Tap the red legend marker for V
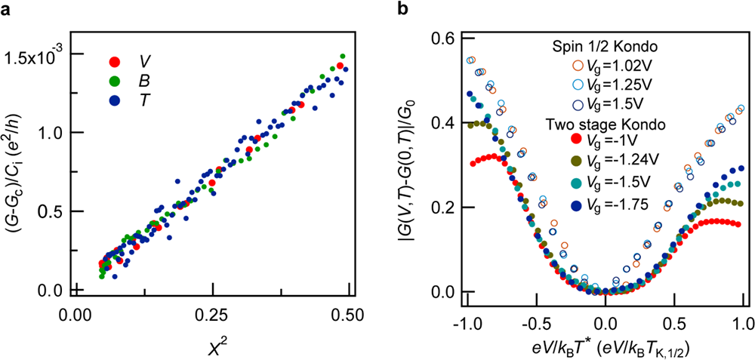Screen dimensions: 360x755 coord(116,61)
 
